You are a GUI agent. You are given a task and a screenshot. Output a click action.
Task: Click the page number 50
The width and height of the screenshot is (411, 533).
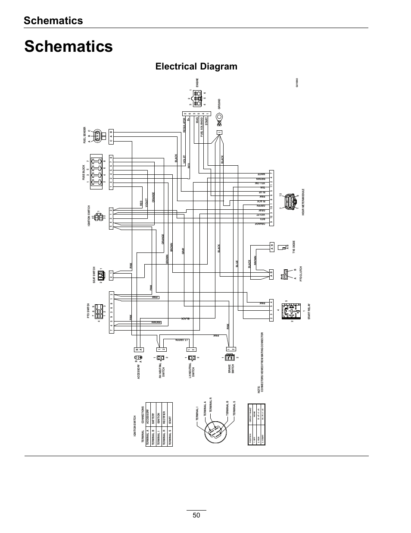pyautogui.click(x=196, y=515)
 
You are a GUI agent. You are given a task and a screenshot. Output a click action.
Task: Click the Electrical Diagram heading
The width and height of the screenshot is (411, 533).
pyautogui.click(x=196, y=66)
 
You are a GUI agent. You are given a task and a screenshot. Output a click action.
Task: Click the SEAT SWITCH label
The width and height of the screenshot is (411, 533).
pyautogui.click(x=94, y=274)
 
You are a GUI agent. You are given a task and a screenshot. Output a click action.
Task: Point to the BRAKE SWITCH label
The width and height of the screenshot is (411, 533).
pyautogui.click(x=230, y=369)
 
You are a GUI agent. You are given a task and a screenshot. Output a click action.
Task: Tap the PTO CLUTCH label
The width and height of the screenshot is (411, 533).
pyautogui.click(x=301, y=274)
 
